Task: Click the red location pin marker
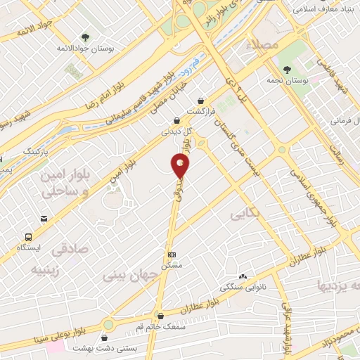click(181, 166)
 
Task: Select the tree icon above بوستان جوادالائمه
click(85, 37)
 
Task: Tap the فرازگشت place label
click(201, 112)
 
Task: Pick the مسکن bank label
click(172, 266)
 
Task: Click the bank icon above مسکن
click(172, 254)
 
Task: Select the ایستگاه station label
click(30, 248)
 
